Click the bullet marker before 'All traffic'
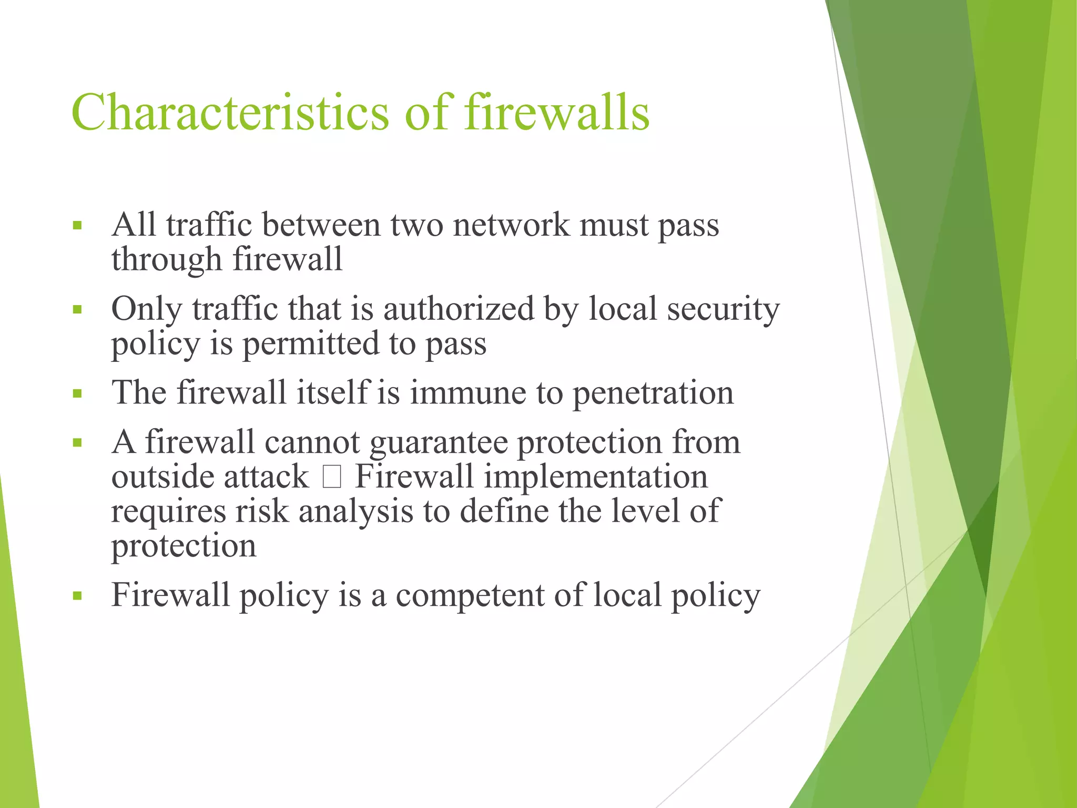77,226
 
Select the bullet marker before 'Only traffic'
77,310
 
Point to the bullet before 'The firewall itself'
77,393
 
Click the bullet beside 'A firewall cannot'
77,442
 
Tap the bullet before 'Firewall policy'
77,596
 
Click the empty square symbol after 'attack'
332,477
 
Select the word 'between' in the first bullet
321,225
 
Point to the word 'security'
724,309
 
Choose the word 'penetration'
653,393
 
